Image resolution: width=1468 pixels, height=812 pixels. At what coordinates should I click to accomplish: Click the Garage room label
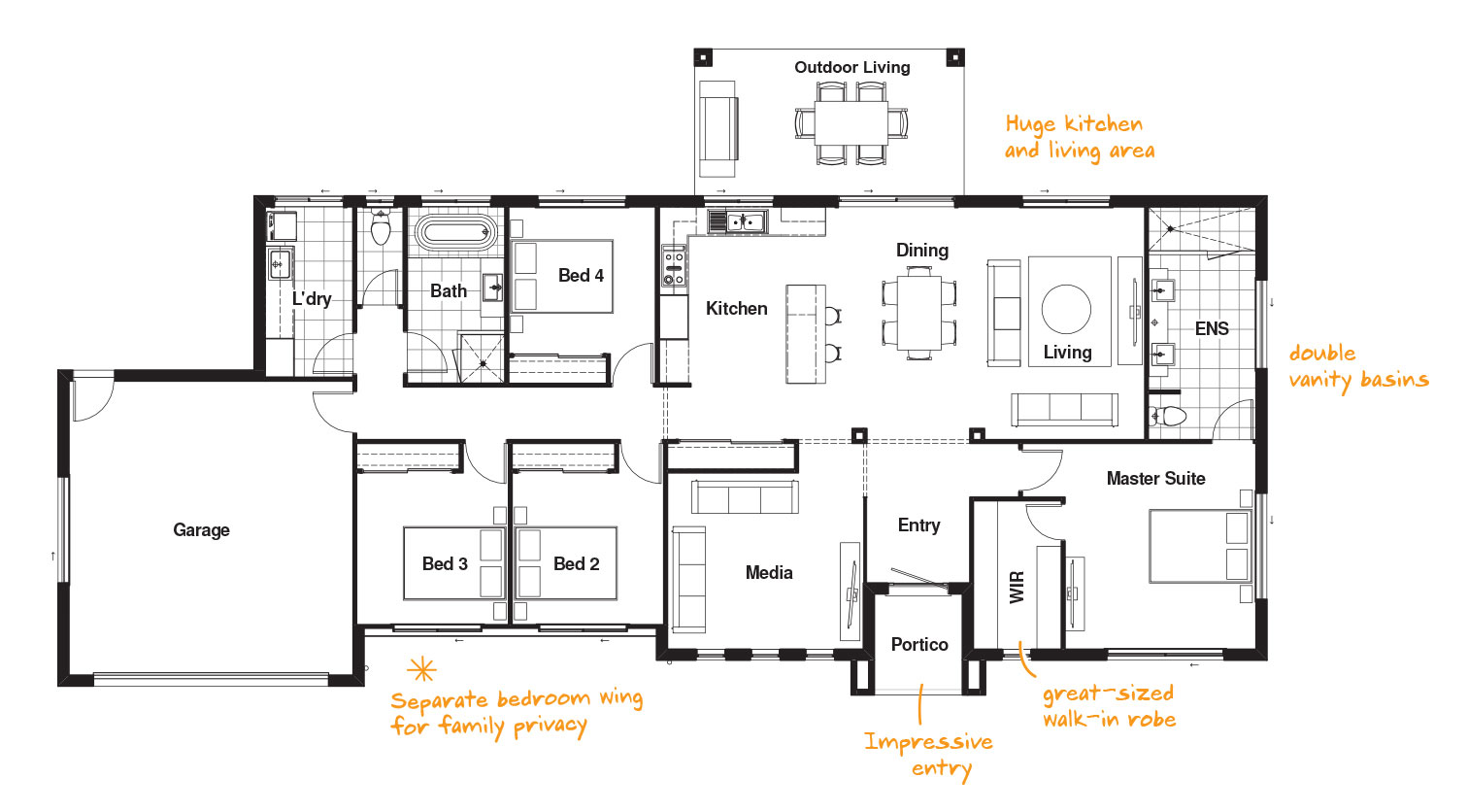(201, 530)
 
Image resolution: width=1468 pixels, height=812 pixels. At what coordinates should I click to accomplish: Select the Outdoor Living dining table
(851, 123)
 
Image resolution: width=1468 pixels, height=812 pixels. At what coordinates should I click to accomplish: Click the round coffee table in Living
(1066, 309)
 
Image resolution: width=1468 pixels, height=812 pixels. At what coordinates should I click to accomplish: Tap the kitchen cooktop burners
(674, 266)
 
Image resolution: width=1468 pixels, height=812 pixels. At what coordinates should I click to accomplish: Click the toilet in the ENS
(1167, 415)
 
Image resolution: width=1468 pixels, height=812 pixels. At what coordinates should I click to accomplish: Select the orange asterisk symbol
(421, 670)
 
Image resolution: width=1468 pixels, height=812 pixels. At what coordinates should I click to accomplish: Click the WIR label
(1017, 588)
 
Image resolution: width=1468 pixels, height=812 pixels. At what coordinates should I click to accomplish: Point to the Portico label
(919, 645)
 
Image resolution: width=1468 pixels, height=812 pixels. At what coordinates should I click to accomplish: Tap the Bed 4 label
(581, 275)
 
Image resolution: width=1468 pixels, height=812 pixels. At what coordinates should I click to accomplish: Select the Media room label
(769, 573)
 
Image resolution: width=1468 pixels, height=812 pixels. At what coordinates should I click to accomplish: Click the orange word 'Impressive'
(928, 742)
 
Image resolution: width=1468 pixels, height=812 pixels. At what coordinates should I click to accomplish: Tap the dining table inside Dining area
(918, 313)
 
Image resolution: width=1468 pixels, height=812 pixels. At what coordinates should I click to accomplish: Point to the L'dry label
(312, 299)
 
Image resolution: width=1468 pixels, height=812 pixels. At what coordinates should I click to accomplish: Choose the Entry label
(918, 525)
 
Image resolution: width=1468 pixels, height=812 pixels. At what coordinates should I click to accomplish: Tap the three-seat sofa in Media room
(745, 496)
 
